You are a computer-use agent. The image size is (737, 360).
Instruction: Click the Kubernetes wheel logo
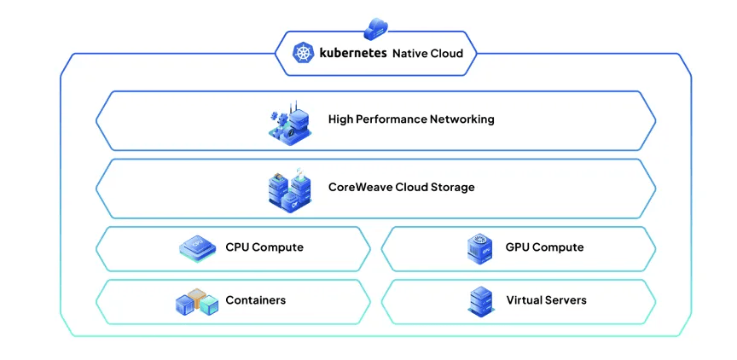click(x=304, y=53)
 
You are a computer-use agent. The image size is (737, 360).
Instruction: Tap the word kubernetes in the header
click(x=352, y=53)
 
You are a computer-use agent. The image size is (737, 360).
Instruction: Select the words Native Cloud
click(x=427, y=53)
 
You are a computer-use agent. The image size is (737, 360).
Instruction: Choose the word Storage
click(x=452, y=187)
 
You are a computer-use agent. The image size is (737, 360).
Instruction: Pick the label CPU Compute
click(x=264, y=247)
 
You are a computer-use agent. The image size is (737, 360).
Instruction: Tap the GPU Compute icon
click(x=479, y=248)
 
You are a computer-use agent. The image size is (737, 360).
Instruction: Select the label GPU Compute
click(x=545, y=247)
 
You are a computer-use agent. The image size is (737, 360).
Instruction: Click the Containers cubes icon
click(x=197, y=301)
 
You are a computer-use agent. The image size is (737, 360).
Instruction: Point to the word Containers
click(x=256, y=300)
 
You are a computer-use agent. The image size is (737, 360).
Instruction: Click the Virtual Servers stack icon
click(x=479, y=301)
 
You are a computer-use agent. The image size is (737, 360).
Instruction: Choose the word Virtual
click(x=525, y=300)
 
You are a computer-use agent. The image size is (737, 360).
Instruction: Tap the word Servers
click(x=566, y=300)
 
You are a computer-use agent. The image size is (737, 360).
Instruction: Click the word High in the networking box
click(x=341, y=119)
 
